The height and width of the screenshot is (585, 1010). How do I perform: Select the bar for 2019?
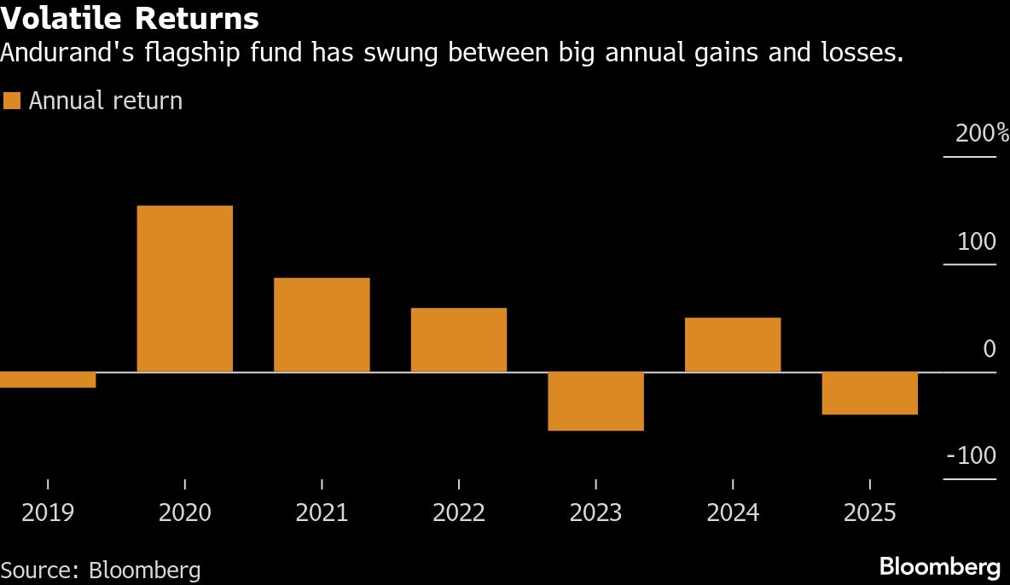pos(48,380)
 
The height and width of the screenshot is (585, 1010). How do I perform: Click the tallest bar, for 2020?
pos(185,289)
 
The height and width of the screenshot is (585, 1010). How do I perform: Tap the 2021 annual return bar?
pos(322,325)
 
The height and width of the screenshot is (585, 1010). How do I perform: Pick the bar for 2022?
pos(459,340)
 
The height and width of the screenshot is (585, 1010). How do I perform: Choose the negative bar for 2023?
pos(595,402)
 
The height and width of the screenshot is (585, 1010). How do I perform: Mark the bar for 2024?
pos(733,345)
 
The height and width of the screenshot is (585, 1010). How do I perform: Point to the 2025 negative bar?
pos(869,394)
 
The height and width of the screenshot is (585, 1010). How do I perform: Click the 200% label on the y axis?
pos(982,134)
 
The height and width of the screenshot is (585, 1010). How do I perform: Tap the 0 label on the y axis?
pos(989,349)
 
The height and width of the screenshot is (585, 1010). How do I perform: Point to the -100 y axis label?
pos(972,456)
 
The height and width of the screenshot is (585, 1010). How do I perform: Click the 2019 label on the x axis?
pos(48,513)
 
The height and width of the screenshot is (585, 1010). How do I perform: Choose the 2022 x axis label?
pos(459,513)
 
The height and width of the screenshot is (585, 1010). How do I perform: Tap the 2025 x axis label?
pos(869,513)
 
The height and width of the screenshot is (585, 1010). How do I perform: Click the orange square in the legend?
pos(11,101)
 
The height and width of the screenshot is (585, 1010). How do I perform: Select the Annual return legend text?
pos(106,101)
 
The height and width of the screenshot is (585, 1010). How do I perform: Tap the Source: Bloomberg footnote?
pos(101,570)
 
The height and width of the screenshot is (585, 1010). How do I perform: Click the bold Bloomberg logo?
pos(939,566)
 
